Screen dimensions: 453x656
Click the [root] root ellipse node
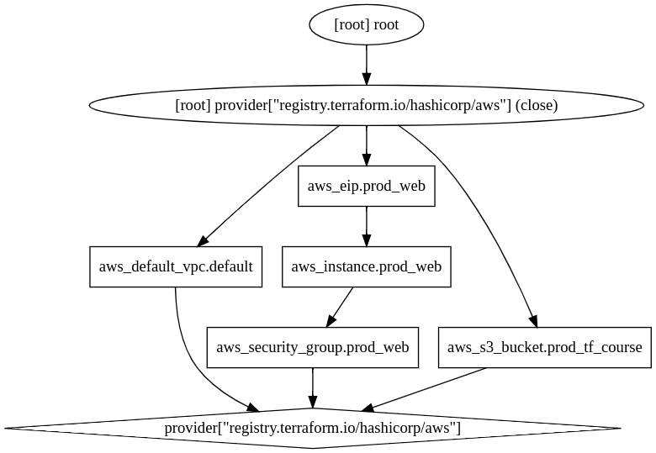(366, 25)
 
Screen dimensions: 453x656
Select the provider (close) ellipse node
(366, 105)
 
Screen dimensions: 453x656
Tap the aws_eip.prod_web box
(366, 186)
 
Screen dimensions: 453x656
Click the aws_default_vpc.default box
(176, 266)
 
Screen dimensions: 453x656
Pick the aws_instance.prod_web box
(366, 266)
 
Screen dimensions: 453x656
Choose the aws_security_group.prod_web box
(312, 347)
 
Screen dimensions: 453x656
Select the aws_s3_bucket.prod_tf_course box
(544, 347)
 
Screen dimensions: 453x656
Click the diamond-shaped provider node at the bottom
(312, 428)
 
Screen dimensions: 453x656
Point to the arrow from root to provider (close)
(366, 64)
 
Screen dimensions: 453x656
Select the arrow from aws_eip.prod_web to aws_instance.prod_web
(366, 225)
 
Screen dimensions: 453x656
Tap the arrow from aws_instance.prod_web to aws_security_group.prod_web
(340, 306)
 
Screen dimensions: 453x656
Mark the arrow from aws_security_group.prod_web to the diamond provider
(312, 387)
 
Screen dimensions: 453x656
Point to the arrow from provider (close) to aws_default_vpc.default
(269, 185)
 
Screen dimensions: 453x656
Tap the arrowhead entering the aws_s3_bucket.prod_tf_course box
(533, 319)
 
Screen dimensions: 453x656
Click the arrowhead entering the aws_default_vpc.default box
(202, 240)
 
